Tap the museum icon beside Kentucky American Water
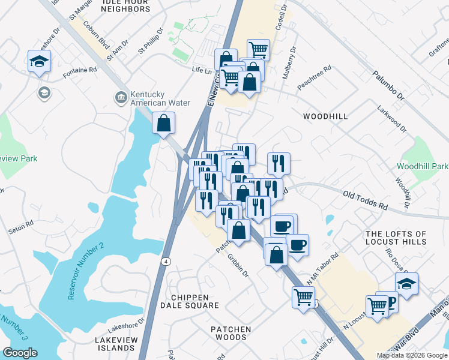coord(121,97)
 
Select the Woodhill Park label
coord(423,166)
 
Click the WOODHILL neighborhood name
coord(325,116)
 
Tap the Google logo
coord(20,353)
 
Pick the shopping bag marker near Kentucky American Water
coord(164,124)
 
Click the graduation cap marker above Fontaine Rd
coord(40,61)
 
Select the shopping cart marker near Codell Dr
coord(258,50)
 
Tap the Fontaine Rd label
coord(80,70)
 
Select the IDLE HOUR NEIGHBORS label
coord(125,6)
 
